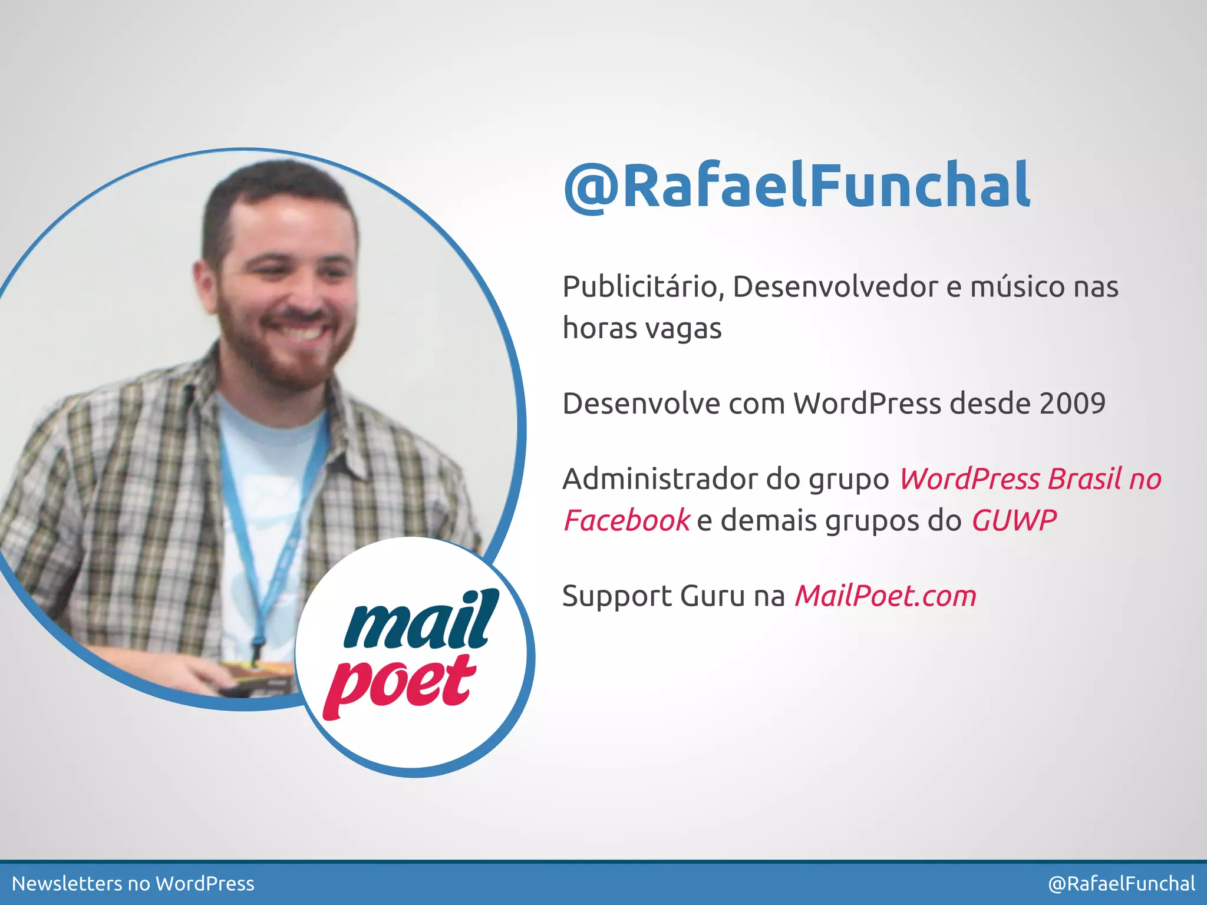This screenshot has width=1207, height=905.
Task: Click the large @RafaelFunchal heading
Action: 797,186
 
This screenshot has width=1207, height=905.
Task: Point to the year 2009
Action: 1072,404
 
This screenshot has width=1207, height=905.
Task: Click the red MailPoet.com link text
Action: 885,596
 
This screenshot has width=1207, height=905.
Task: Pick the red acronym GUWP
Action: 1014,521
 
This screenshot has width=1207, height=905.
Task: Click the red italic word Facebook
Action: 626,521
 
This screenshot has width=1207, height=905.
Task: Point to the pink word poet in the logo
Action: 401,683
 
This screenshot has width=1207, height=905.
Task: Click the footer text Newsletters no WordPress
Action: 133,884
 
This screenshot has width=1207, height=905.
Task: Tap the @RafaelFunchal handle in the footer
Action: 1122,884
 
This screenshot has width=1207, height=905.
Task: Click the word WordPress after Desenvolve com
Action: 867,404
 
